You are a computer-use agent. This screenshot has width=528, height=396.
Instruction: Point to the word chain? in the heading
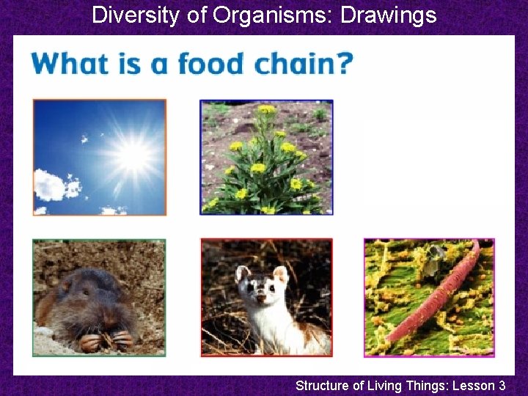[303, 64]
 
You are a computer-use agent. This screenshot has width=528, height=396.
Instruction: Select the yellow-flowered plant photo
[266, 157]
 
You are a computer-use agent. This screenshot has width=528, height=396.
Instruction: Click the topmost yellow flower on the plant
[266, 109]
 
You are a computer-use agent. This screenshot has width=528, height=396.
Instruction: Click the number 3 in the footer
[502, 384]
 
